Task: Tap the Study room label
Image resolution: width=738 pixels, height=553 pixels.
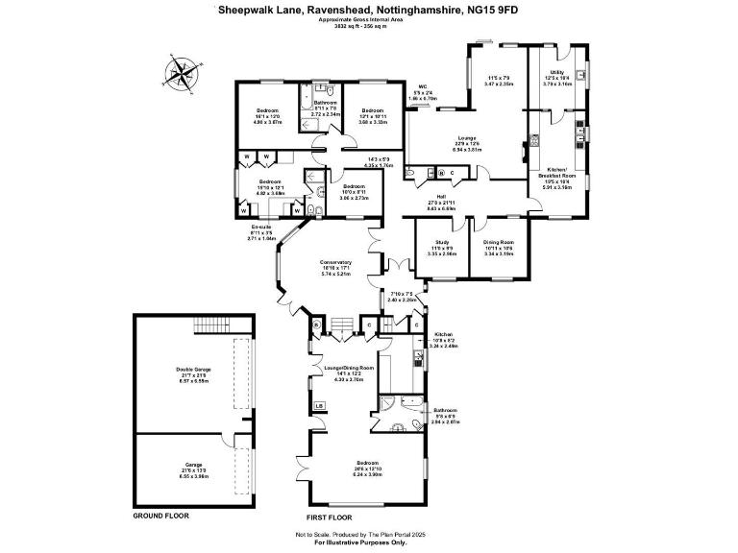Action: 442,242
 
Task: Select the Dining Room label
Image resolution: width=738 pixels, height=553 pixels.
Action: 498,242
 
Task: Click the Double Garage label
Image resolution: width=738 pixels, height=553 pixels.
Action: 194,370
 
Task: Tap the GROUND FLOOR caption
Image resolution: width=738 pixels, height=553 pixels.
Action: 160,516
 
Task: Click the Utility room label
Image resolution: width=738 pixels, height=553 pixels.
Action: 556,73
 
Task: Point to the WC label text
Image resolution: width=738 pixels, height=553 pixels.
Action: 422,87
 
